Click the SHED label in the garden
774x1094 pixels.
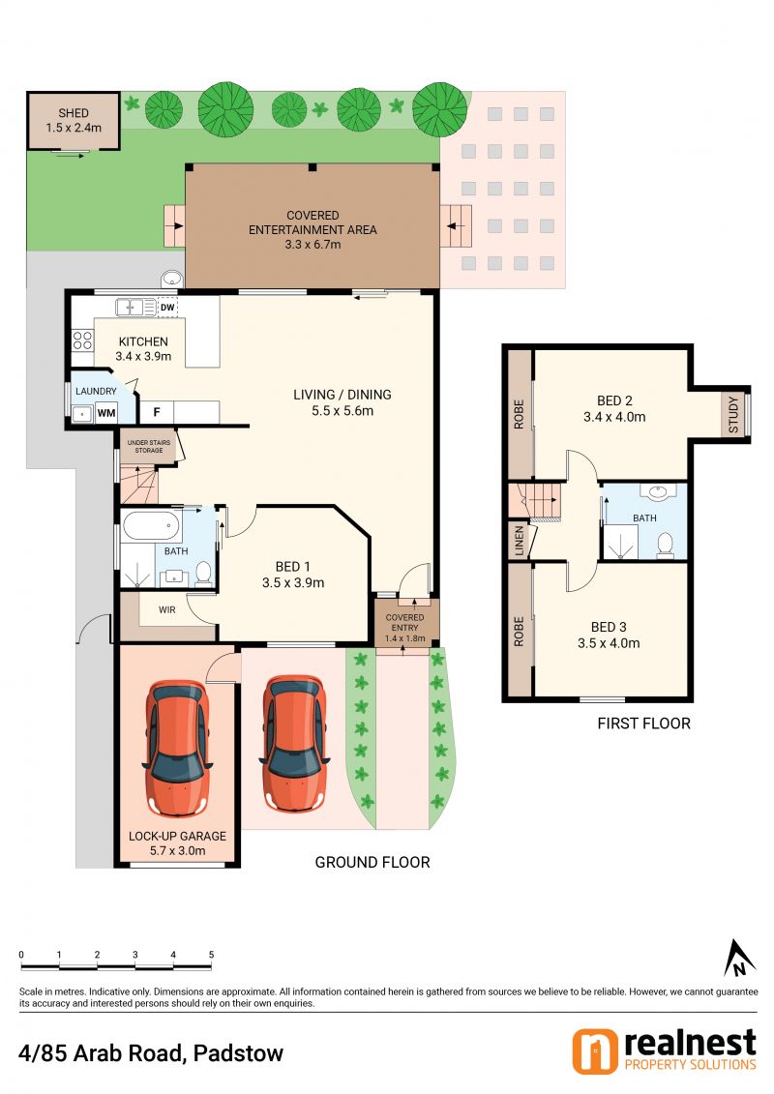pyautogui.click(x=74, y=113)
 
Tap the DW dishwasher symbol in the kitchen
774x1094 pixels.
pyautogui.click(x=167, y=307)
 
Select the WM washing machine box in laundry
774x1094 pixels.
pyautogui.click(x=106, y=413)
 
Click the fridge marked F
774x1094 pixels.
pyautogui.click(x=157, y=412)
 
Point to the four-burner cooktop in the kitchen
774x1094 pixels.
pyautogui.click(x=82, y=340)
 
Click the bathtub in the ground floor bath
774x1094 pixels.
pyautogui.click(x=151, y=527)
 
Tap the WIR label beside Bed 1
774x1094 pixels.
pyautogui.click(x=166, y=609)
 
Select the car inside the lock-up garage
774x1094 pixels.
pyautogui.click(x=177, y=747)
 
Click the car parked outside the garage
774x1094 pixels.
pyautogui.click(x=294, y=744)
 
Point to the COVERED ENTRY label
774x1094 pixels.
pyautogui.click(x=404, y=622)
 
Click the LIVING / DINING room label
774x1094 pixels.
pyautogui.click(x=342, y=395)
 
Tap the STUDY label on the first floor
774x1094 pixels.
pyautogui.click(x=732, y=414)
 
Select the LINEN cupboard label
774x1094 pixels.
pyautogui.click(x=519, y=541)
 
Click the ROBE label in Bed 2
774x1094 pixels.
pyautogui.click(x=519, y=414)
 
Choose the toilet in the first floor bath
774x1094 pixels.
pyautogui.click(x=665, y=546)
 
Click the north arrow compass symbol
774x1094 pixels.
pyautogui.click(x=737, y=958)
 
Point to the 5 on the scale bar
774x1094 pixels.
pyautogui.click(x=211, y=955)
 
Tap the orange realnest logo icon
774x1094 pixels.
pyautogui.click(x=595, y=1051)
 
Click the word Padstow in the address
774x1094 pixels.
pyautogui.click(x=238, y=1052)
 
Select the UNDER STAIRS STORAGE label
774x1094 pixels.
pyautogui.click(x=149, y=447)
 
